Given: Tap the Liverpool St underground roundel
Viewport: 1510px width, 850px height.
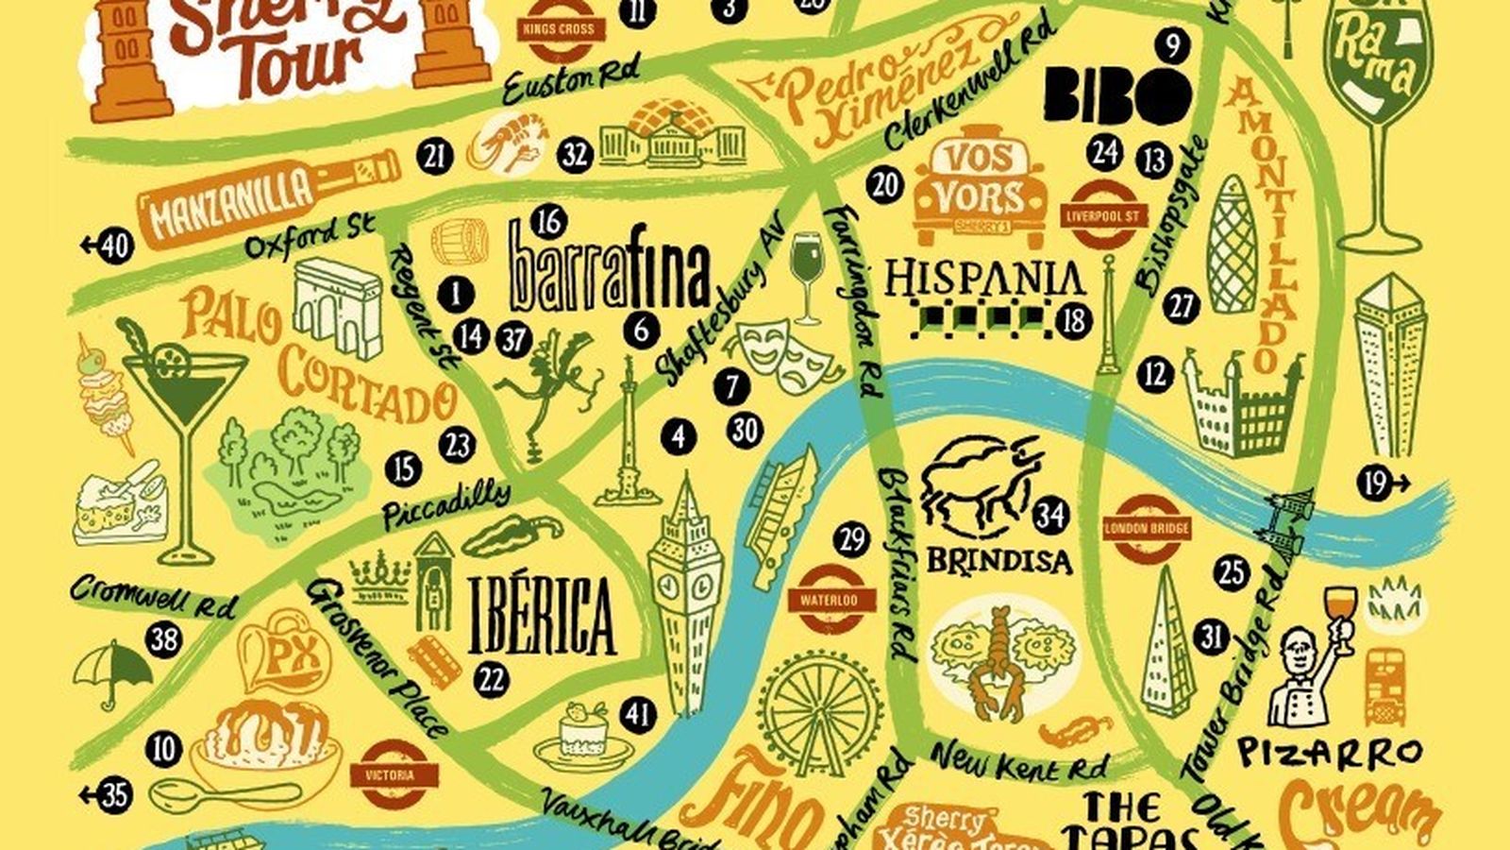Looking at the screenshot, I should (x=1102, y=215).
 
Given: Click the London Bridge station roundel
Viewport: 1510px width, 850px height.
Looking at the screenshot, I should (x=1146, y=529).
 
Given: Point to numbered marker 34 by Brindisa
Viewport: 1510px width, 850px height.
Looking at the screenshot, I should (x=1049, y=516).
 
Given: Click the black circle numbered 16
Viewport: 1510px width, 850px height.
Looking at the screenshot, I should (x=547, y=222).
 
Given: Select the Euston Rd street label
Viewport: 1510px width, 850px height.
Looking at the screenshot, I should (x=570, y=77).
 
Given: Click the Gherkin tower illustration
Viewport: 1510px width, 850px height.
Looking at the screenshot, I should (x=1233, y=247).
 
